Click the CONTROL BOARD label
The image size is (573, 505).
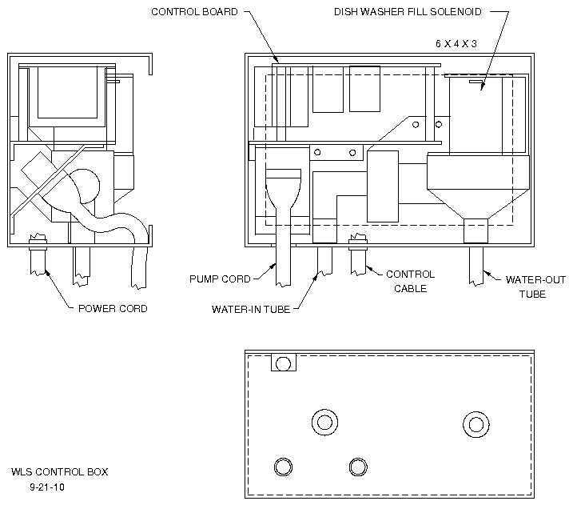pos(194,12)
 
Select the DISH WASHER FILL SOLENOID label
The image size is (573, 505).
pos(408,12)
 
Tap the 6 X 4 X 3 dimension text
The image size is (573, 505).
pos(456,44)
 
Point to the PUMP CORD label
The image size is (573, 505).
pos(220,279)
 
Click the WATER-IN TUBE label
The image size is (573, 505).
pos(251,310)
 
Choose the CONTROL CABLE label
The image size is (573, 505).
pos(411,282)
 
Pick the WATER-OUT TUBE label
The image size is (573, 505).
pos(535,287)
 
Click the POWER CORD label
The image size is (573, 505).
pos(113,309)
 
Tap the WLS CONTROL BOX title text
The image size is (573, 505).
pos(60,472)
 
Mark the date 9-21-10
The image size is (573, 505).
pos(47,487)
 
